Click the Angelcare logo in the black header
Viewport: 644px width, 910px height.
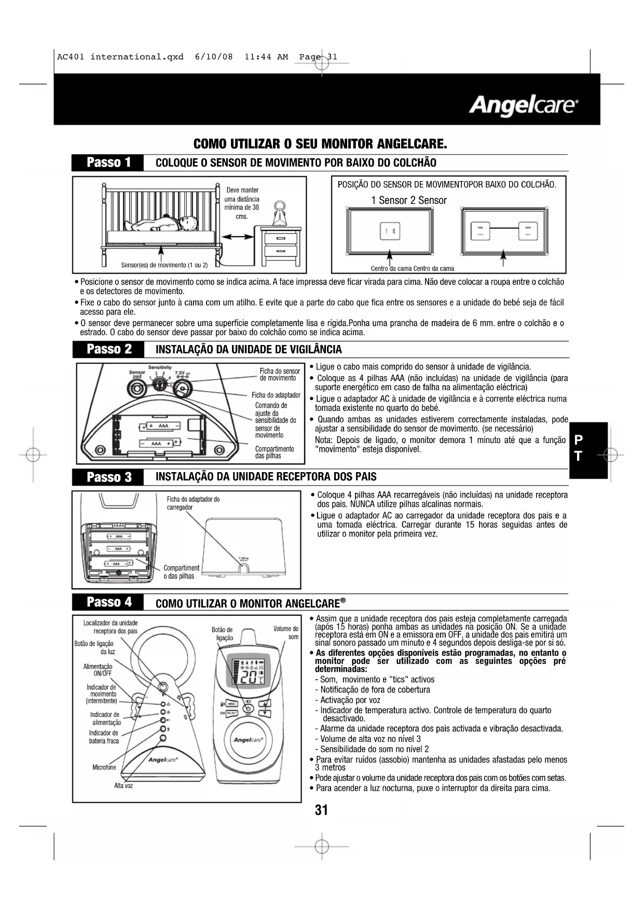click(523, 106)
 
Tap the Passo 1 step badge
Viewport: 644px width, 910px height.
click(108, 163)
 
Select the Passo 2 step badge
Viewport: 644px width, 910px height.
click(108, 349)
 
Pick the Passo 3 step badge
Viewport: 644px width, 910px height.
click(108, 477)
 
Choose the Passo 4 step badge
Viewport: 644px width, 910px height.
click(108, 602)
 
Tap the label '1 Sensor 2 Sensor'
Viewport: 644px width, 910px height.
click(408, 200)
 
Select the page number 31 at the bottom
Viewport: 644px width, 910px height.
click(321, 810)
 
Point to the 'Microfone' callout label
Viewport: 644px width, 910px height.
click(104, 767)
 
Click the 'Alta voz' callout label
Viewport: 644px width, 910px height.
click(124, 785)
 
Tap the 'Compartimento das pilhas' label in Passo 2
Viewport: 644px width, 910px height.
click(275, 452)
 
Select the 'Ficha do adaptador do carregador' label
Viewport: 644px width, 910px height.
click(193, 503)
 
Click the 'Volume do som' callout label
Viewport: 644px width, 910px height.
click(286, 632)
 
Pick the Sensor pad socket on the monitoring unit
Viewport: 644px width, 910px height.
click(137, 387)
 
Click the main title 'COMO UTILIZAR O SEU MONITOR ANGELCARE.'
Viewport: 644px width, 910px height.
click(320, 143)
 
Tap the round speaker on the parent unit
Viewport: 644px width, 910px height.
click(248, 740)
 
